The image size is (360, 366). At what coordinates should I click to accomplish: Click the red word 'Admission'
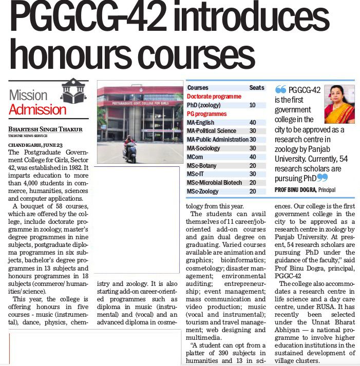37,109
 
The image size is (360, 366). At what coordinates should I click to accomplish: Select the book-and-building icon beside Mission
74,92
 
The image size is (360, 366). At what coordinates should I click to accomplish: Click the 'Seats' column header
257,88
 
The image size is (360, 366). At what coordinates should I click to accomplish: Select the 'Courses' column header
198,88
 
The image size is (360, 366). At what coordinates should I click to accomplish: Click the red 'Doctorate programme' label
214,96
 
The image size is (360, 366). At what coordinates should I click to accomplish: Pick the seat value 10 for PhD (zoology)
252,105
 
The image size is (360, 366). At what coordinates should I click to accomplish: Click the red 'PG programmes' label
206,113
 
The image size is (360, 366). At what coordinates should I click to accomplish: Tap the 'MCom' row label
196,157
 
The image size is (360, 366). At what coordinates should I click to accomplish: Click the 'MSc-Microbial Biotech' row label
214,182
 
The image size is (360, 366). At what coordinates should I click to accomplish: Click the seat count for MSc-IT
252,174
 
